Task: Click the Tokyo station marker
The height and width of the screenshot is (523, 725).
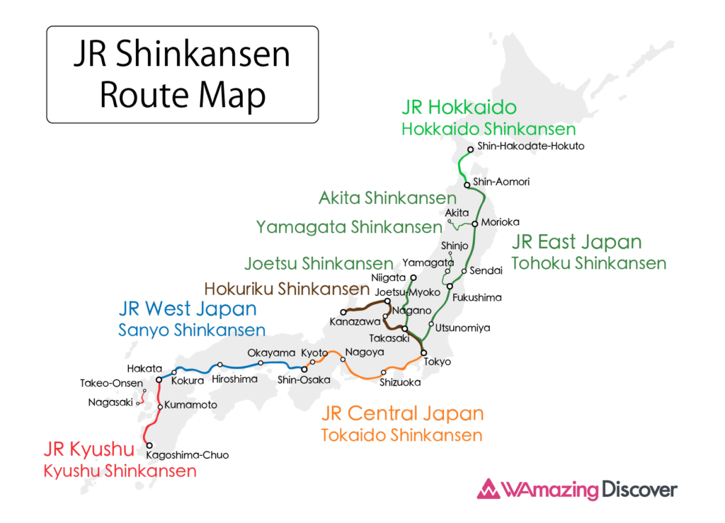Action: point(423,352)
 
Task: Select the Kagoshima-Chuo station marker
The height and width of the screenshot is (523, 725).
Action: point(149,445)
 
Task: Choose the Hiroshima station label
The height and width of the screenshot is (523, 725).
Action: point(234,379)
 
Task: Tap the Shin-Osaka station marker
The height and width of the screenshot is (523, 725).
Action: point(305,369)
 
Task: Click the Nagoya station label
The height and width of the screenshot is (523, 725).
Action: point(364,352)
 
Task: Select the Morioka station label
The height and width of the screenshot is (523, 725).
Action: point(500,222)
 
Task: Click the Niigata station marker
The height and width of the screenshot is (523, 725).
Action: point(413,278)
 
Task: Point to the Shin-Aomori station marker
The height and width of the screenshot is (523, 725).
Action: point(467,185)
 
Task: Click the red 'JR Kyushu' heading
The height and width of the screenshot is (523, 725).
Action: point(89,449)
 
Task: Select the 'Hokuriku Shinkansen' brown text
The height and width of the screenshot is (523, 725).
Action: point(287,289)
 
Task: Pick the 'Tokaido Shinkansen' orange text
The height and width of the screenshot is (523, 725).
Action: point(401,435)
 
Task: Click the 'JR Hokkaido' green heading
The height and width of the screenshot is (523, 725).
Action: point(459,108)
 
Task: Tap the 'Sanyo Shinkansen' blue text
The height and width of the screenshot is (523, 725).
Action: point(192,330)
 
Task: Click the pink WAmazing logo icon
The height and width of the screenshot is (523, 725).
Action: point(489,490)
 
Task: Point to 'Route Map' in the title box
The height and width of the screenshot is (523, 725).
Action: point(182,95)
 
